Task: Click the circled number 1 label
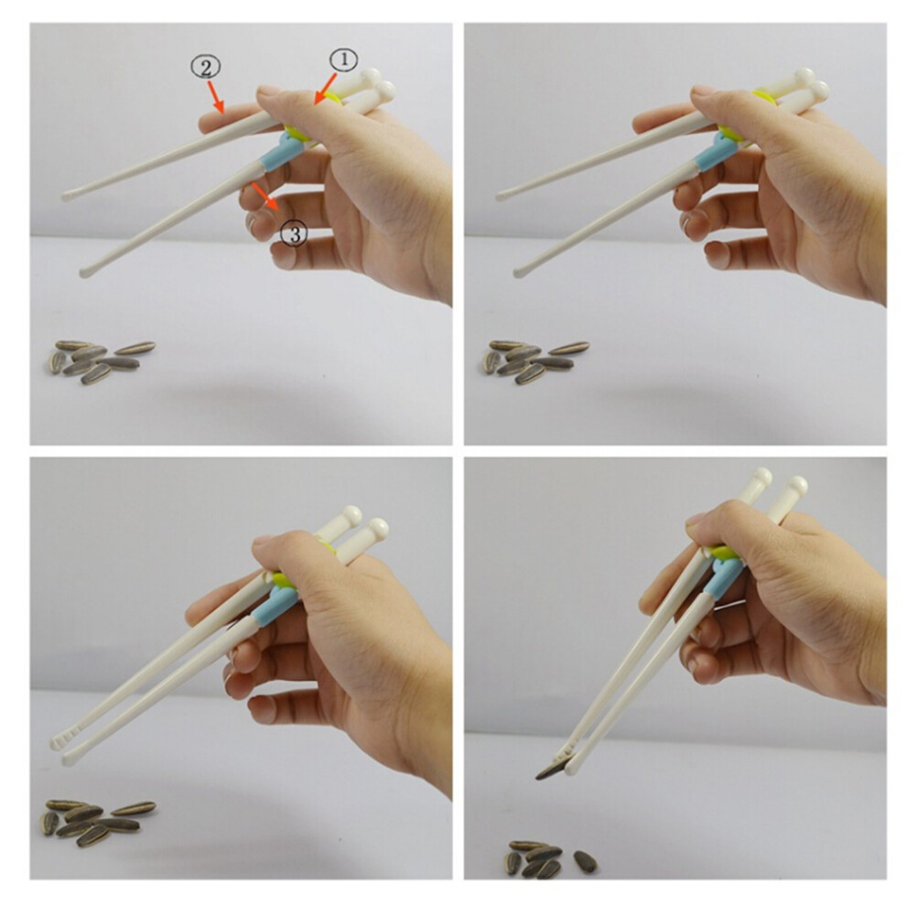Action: pyautogui.click(x=344, y=60)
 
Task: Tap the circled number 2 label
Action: pyautogui.click(x=206, y=68)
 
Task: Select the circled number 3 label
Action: pyautogui.click(x=294, y=234)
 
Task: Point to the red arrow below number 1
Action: pyautogui.click(x=325, y=89)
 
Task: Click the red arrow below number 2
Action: pyautogui.click(x=216, y=96)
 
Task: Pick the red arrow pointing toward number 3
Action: pyautogui.click(x=265, y=197)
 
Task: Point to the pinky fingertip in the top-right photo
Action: pyautogui.click(x=717, y=254)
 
